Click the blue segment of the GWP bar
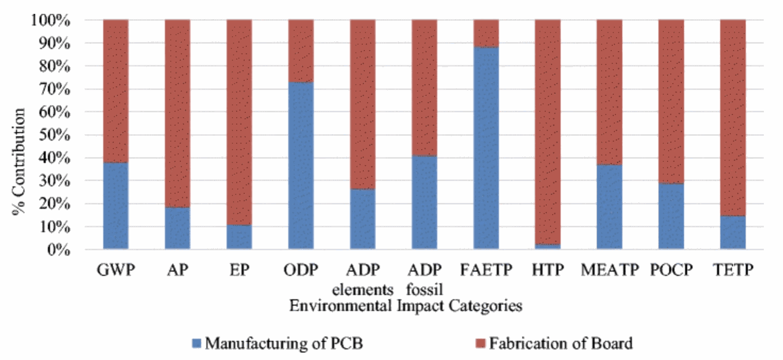point(115,206)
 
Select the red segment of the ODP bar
point(301,51)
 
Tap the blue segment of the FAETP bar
point(486,148)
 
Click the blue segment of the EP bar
point(239,237)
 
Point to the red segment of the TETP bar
point(732,117)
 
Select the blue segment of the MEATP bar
point(609,207)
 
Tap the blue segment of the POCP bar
point(671,216)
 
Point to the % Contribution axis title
point(20,161)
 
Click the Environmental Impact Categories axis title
point(405,306)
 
